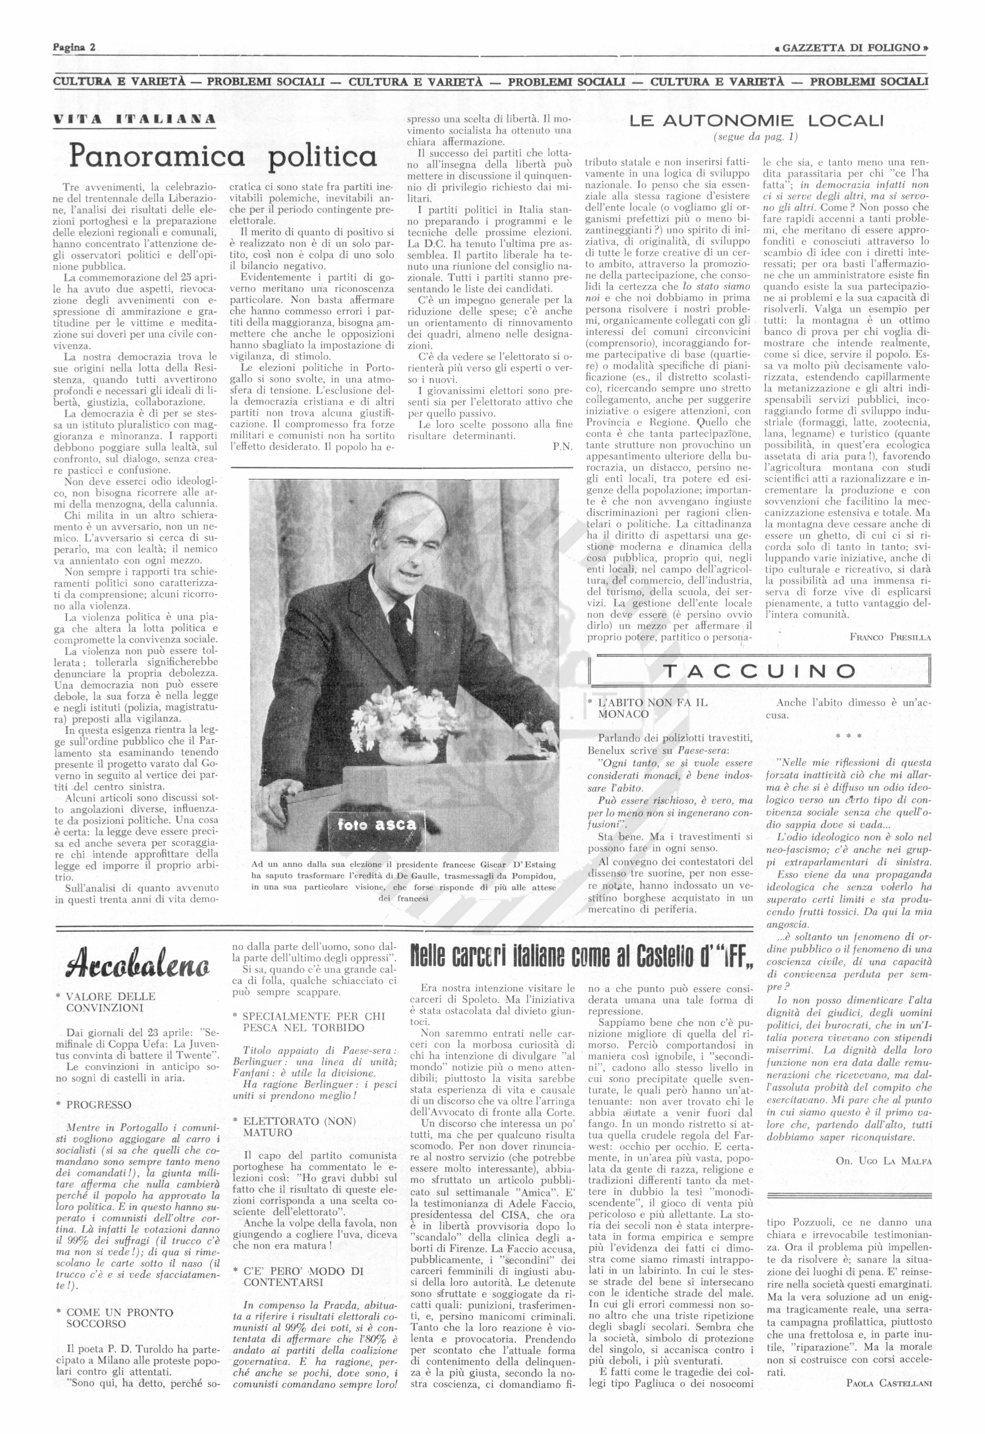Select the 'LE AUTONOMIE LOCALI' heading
click(756, 121)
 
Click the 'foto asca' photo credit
click(377, 824)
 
